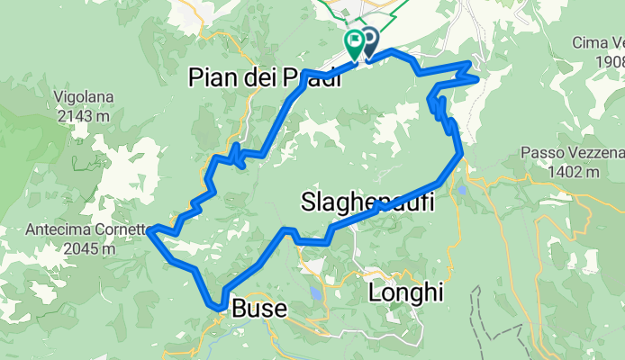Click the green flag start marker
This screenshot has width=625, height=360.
(x=354, y=40)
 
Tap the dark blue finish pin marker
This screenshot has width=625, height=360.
(x=368, y=41)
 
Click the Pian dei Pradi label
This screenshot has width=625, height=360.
(x=265, y=78)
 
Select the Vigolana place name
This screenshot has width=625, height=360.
(x=82, y=96)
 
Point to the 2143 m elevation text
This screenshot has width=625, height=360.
(x=82, y=114)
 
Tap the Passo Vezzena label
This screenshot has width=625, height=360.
(x=572, y=154)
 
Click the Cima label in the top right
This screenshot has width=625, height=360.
(x=598, y=42)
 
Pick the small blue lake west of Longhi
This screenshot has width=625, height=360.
(x=314, y=293)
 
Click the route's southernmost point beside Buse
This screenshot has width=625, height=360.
(x=220, y=308)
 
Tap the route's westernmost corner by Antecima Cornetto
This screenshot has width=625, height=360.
(x=149, y=229)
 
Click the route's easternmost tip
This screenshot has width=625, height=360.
(x=476, y=77)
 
